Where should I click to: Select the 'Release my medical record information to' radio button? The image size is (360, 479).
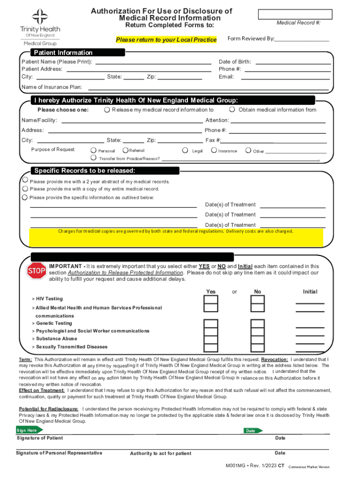[x=107, y=109]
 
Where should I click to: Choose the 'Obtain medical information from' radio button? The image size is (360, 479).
[x=232, y=109]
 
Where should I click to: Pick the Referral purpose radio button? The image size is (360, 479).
[x=124, y=150]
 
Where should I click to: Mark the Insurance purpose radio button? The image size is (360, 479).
[x=214, y=150]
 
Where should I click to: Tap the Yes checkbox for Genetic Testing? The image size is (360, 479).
[x=211, y=324]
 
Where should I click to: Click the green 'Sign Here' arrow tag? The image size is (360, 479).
[x=29, y=430]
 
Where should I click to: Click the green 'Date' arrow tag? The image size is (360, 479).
[x=252, y=430]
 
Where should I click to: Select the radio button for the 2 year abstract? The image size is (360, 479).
[x=25, y=180]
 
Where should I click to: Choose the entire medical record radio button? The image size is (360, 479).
[x=25, y=189]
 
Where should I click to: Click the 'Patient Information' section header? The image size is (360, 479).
[x=63, y=52]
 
